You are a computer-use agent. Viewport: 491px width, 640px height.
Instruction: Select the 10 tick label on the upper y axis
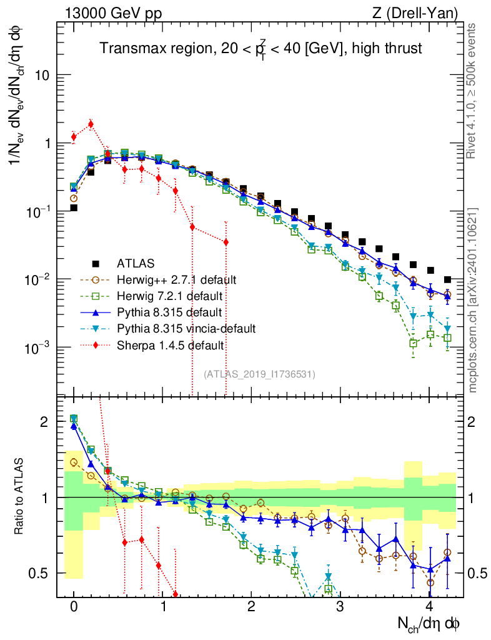click(x=41, y=76)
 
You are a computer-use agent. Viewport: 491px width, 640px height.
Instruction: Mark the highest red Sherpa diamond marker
click(x=91, y=124)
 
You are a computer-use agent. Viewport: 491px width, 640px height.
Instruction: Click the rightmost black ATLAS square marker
click(x=447, y=279)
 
